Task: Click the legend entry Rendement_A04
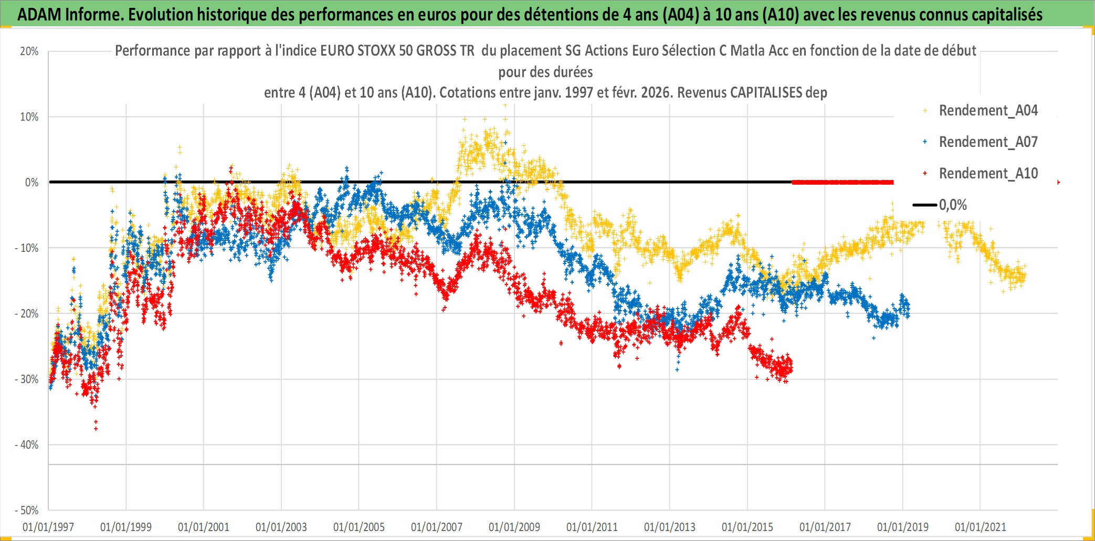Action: [987, 111]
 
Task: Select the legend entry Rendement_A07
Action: [987, 142]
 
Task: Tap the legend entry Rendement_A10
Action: [987, 174]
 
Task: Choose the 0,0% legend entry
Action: [952, 205]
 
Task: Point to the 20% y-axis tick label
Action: [29, 51]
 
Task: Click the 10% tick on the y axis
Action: [29, 117]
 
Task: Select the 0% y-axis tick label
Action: [31, 183]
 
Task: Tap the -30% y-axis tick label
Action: [27, 379]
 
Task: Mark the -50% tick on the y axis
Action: [27, 511]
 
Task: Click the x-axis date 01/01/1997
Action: [48, 527]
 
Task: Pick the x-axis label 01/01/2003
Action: [281, 527]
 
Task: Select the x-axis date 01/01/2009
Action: [514, 527]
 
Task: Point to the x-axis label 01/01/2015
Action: [747, 527]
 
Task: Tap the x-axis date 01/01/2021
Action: [981, 527]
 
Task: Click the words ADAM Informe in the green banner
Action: [68, 15]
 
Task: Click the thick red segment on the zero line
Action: [842, 183]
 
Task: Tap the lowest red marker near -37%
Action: [96, 429]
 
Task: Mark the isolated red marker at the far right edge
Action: [1058, 182]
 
